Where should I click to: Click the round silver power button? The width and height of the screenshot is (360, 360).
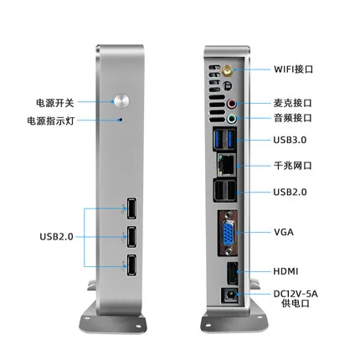click(121, 100)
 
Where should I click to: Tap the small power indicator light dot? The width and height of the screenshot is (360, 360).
click(121, 120)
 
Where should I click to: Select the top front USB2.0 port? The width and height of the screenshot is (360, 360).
click(131, 208)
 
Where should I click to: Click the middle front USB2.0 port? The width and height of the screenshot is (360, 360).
click(131, 237)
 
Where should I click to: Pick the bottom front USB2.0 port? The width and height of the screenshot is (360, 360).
click(131, 265)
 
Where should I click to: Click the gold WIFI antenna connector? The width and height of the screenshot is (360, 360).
click(228, 70)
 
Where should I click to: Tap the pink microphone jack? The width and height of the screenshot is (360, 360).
click(231, 104)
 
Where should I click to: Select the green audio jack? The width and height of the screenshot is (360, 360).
click(231, 119)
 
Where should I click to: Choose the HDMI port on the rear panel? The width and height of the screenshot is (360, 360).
click(233, 274)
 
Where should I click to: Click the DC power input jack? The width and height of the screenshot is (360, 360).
click(230, 296)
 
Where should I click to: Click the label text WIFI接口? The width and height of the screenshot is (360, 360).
click(293, 69)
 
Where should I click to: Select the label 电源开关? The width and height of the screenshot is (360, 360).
click(55, 103)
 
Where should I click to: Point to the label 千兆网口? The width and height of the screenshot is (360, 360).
click(293, 166)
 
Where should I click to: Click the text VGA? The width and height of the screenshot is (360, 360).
click(284, 232)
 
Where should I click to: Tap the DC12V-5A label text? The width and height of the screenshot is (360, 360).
click(296, 294)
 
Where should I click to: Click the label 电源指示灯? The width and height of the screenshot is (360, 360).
click(51, 121)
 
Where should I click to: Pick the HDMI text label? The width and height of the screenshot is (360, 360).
click(285, 271)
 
